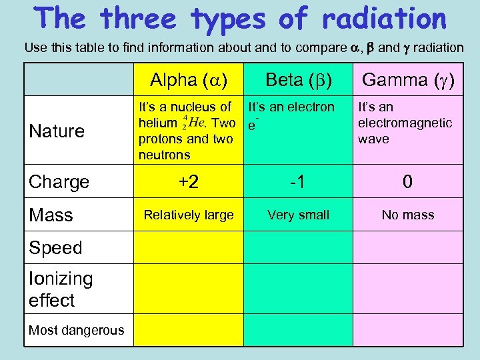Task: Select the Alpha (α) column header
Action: point(189,80)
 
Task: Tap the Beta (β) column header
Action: point(298,80)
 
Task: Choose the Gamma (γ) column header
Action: point(407,80)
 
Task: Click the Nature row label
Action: point(57,131)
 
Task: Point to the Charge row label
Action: point(59,182)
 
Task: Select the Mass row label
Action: point(51,215)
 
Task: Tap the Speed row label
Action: point(55,247)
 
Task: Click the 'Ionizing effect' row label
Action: point(61,289)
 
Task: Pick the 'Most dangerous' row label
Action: point(76,330)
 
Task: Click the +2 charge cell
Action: point(189,182)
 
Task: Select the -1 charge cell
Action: point(298,182)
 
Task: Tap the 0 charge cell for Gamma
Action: point(407,182)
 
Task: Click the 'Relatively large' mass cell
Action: point(189,215)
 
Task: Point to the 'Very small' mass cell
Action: point(298,215)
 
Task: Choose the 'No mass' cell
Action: point(407,215)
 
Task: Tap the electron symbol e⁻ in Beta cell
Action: point(252,125)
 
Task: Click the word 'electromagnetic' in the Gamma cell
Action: point(405,123)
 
